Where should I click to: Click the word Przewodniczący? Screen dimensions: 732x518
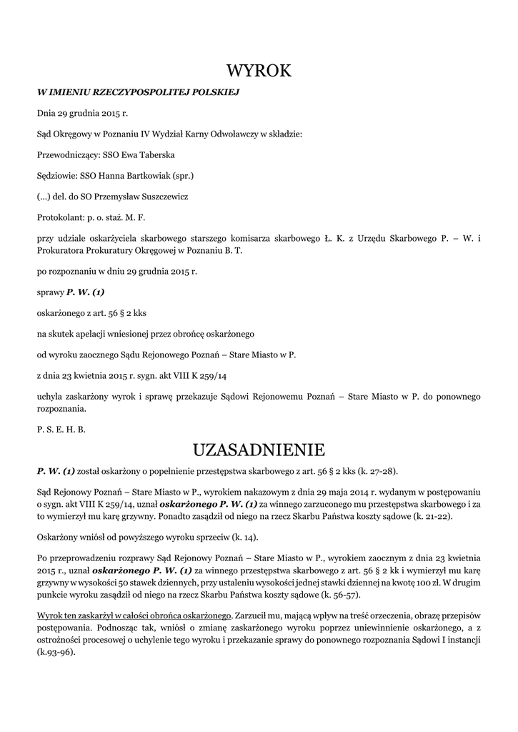[x=68, y=154]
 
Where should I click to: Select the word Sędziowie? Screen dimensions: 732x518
[x=57, y=175]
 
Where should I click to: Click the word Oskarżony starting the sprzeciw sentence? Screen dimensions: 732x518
[x=59, y=537]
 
